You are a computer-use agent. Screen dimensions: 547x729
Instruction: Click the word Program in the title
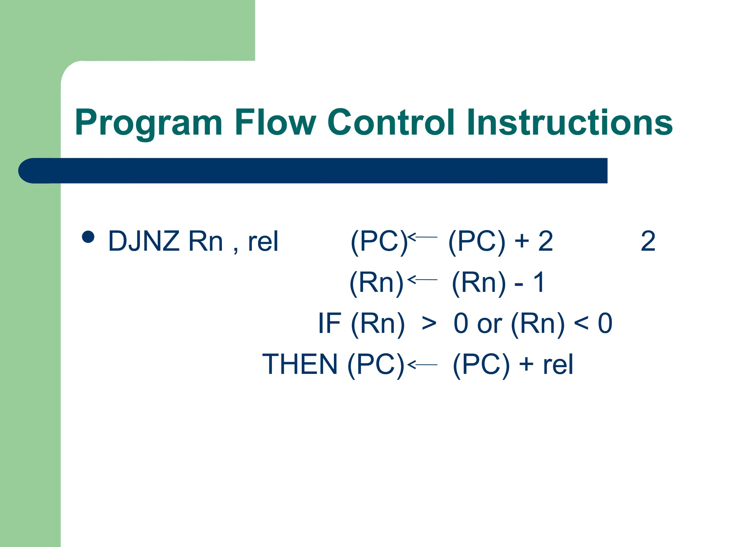tap(148, 123)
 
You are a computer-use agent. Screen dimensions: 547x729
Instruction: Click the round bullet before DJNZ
tap(88, 237)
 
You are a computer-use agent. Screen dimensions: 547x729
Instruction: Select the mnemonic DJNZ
tap(144, 241)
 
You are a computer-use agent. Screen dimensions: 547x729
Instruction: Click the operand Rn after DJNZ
tap(205, 241)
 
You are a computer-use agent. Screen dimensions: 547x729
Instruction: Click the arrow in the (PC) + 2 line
tap(422, 237)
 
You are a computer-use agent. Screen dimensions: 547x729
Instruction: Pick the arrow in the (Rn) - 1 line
tap(422, 280)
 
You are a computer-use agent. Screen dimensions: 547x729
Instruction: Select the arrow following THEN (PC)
tap(422, 365)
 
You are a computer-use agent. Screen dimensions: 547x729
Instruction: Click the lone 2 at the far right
tap(648, 241)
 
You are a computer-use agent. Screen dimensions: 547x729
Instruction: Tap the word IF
tap(330, 323)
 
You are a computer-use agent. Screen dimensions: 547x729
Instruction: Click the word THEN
tap(300, 364)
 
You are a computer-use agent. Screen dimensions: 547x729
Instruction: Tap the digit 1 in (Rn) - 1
tap(539, 282)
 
